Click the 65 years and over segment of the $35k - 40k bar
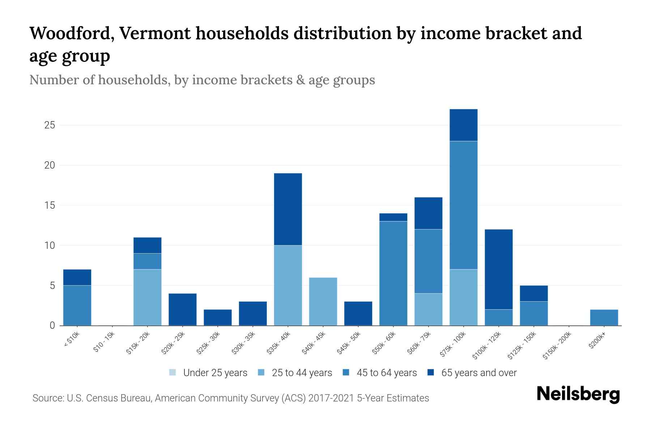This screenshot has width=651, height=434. pos(288,209)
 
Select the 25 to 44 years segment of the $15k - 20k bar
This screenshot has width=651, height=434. pos(147,297)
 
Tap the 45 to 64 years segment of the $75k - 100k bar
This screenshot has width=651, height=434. pos(463,205)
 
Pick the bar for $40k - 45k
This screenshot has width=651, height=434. pos(323,301)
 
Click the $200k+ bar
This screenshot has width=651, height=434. pos(604,317)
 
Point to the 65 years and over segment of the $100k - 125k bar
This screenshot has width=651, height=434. pos(498,269)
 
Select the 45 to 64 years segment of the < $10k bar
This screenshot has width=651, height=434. pos(77,305)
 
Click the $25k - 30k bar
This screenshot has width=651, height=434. pos(218,317)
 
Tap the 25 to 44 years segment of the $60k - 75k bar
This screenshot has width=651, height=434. pos(428,309)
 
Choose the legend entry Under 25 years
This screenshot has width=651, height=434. pos(208,373)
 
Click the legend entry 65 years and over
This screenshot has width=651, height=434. pos(472,373)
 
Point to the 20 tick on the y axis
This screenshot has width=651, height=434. pos(50,165)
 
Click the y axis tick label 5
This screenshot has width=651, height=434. pos(52,286)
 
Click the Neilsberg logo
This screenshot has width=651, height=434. pos(578,394)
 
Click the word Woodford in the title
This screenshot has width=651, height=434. pos(71,33)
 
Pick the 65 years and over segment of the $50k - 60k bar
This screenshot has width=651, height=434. pos(393,217)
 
